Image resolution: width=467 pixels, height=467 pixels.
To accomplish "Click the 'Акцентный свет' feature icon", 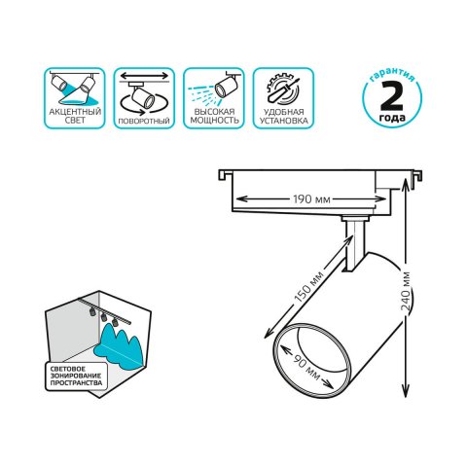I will coord(72,90).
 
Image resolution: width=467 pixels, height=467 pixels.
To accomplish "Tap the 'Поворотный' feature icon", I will coord(144,90).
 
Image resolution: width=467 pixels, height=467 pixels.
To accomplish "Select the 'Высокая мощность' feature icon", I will coord(215,90).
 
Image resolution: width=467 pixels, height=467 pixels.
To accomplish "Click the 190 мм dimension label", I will coord(309,199).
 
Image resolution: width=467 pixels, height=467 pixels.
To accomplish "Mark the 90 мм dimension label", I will coord(312,363).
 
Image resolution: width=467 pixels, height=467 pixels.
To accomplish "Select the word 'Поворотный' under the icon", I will coord(144,121).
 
